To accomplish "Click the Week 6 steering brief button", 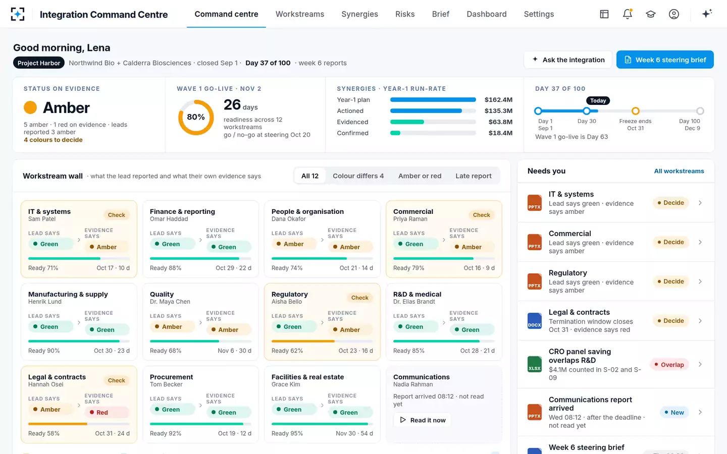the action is [665, 60].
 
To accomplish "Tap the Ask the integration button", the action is [567, 60].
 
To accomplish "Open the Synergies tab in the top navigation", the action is [359, 14].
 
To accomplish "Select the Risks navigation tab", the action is [405, 14].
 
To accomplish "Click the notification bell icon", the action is [628, 14].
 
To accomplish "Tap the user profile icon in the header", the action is [674, 14].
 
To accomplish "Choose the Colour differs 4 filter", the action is [358, 176].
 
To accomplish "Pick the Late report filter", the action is [473, 176].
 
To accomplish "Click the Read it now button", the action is [422, 420].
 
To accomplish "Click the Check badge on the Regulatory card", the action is [359, 298].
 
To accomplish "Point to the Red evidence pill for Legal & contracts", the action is [107, 412].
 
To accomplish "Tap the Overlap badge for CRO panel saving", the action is [669, 365].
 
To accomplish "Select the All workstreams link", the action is [679, 171].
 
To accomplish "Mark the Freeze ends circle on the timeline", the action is [636, 111].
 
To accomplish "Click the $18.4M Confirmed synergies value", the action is [500, 133].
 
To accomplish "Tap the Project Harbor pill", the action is [38, 63].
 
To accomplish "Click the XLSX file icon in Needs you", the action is [535, 364].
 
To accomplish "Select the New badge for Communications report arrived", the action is [674, 412].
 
